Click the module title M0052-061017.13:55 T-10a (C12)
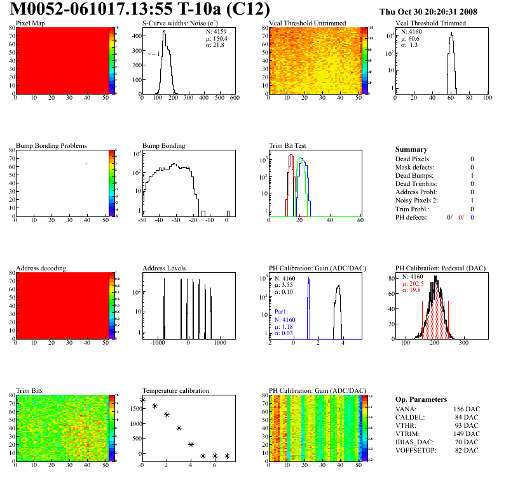pyautogui.click(x=140, y=10)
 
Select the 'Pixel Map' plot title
pyautogui.click(x=30, y=23)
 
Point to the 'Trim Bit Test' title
pyautogui.click(x=287, y=145)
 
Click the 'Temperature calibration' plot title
pyautogui.click(x=175, y=390)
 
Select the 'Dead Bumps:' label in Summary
pyautogui.click(x=413, y=175)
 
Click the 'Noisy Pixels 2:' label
pyautogui.click(x=417, y=201)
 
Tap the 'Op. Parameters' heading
pyautogui.click(x=420, y=399)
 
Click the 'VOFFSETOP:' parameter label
pyautogui.click(x=416, y=451)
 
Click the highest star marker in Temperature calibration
pyautogui.click(x=142, y=401)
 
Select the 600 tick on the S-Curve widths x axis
pyautogui.click(x=235, y=98)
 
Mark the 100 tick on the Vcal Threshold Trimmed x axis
pyautogui.click(x=487, y=98)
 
